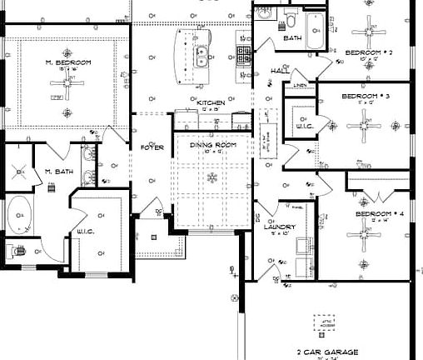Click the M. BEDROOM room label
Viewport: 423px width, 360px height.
click(68, 62)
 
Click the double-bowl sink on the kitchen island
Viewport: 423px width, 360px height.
click(201, 56)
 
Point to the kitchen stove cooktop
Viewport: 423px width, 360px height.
click(245, 55)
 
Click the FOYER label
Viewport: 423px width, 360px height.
click(152, 147)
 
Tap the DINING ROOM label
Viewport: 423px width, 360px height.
click(214, 145)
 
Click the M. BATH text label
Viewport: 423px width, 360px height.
click(60, 172)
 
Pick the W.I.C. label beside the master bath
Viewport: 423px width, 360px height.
click(88, 231)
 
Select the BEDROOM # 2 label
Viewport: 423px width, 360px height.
click(368, 52)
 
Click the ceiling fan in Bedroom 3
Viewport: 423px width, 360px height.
click(364, 127)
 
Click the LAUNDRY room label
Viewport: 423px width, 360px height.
click(276, 226)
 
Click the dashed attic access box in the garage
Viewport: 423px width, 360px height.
click(326, 323)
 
